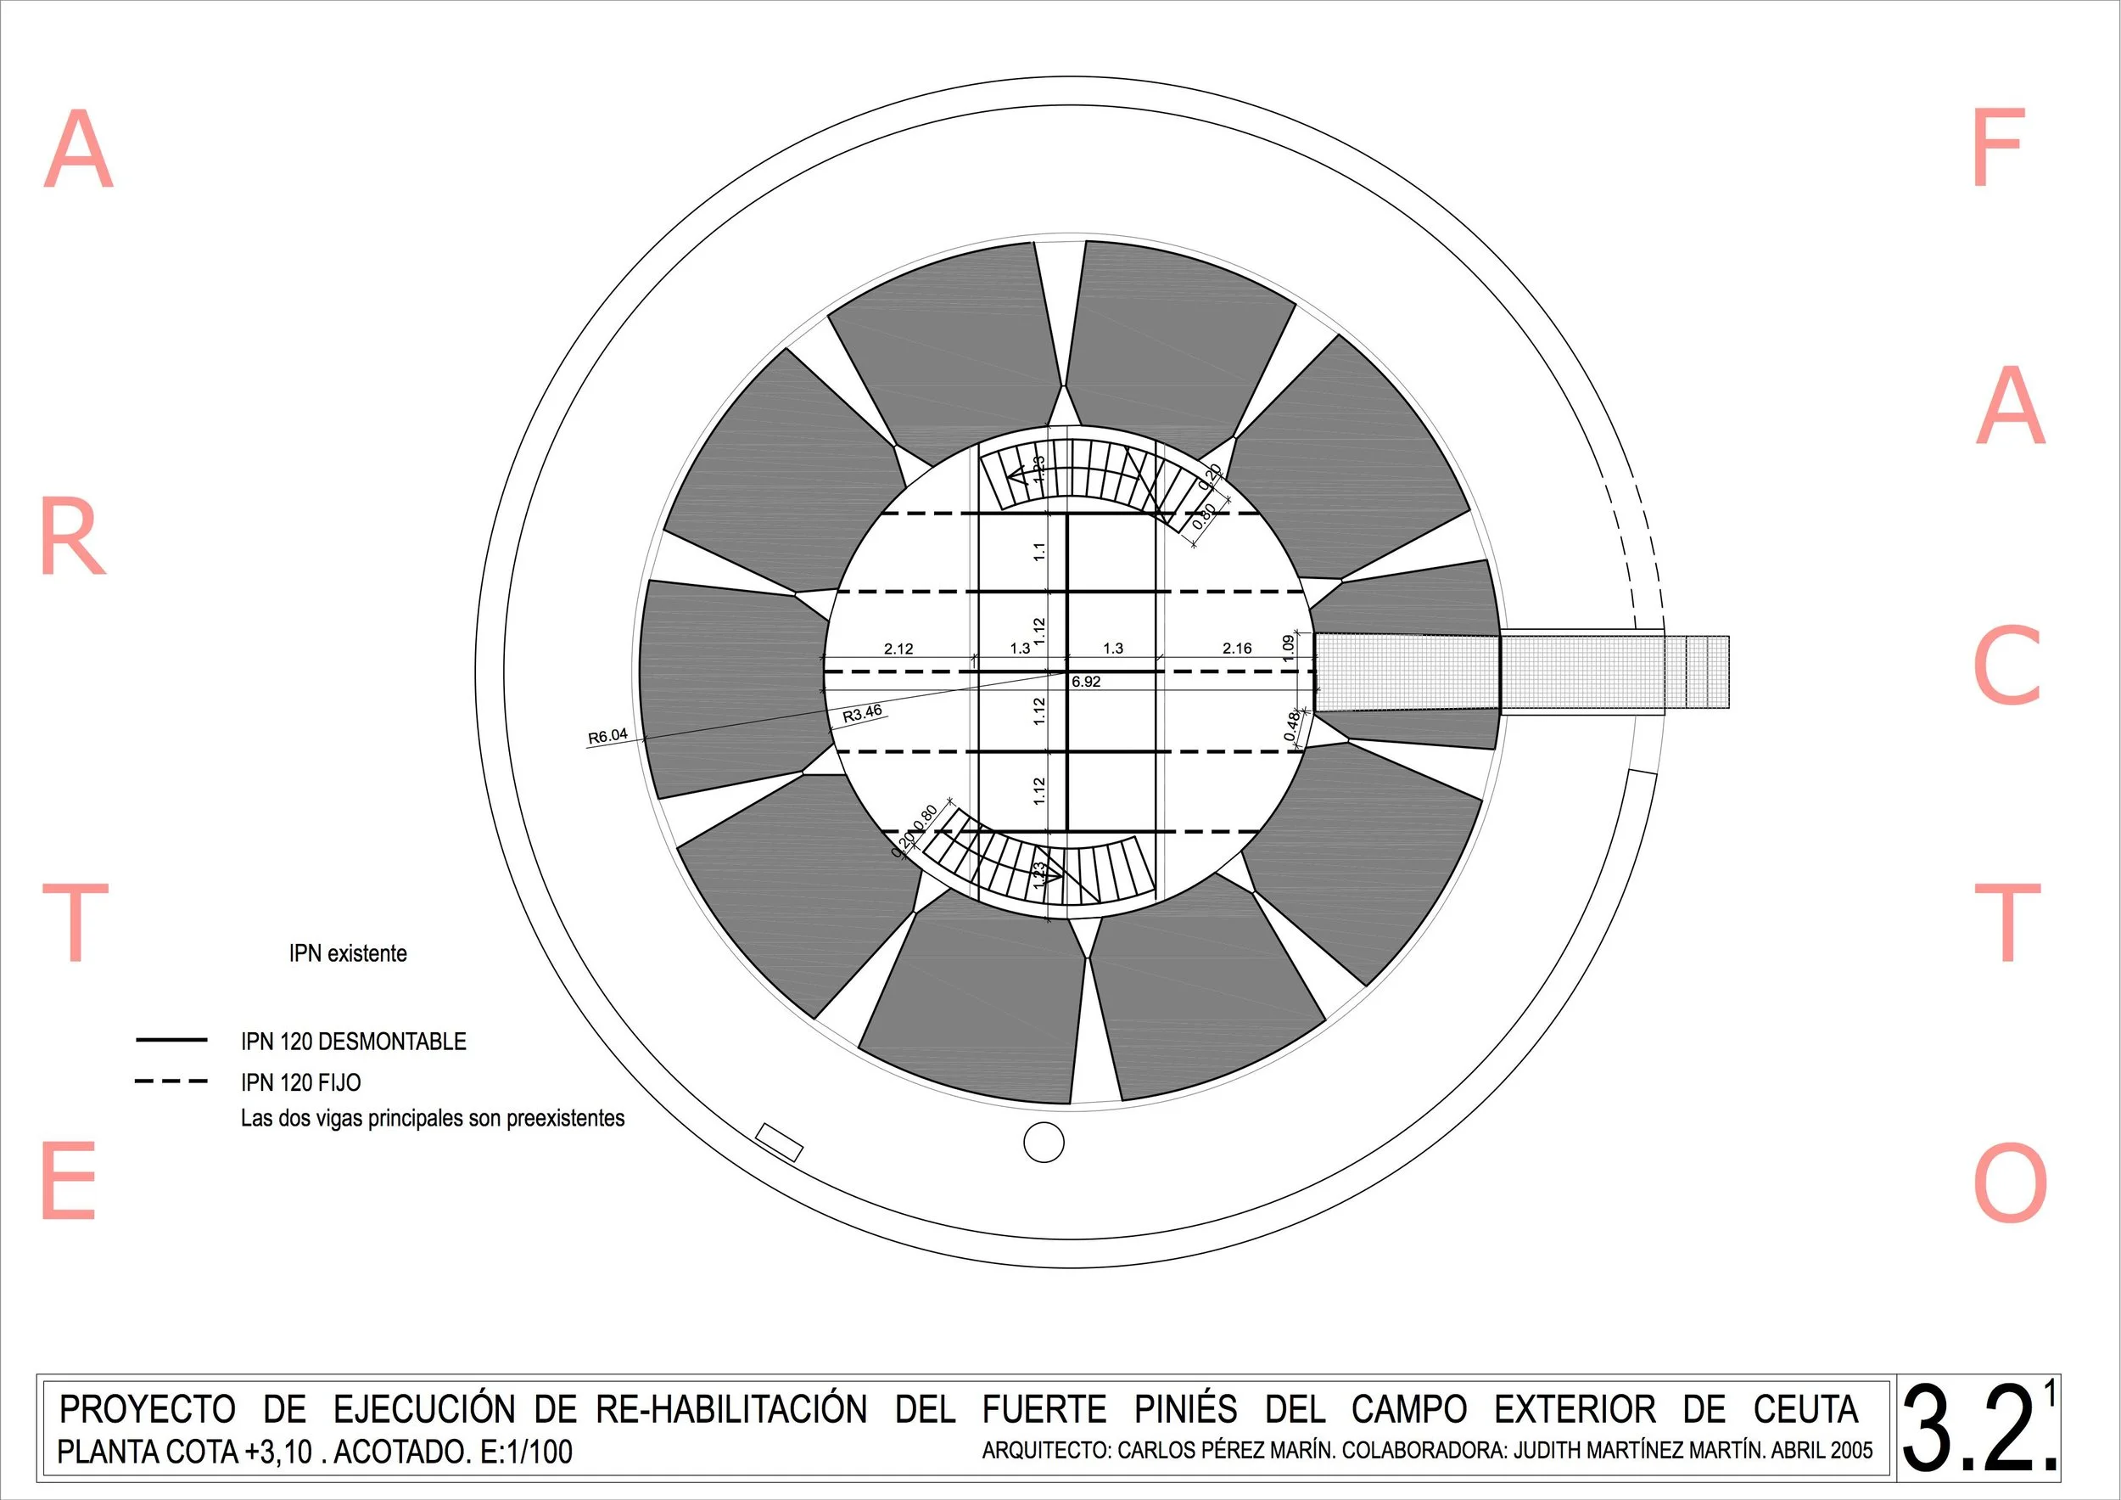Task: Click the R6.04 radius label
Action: click(x=607, y=737)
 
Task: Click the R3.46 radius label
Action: click(x=862, y=713)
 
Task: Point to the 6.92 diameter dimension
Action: click(x=1085, y=682)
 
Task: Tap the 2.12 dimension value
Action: click(x=898, y=649)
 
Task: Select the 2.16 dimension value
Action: click(x=1237, y=649)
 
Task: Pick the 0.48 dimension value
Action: click(x=1292, y=726)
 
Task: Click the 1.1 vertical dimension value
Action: click(x=1039, y=552)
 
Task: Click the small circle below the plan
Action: click(x=1044, y=1143)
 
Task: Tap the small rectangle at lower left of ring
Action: click(x=779, y=1143)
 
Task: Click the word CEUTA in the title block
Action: click(x=1805, y=1409)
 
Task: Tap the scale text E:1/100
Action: click(x=527, y=1452)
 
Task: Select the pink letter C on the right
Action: click(x=2006, y=666)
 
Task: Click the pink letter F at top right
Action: click(x=1998, y=147)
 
